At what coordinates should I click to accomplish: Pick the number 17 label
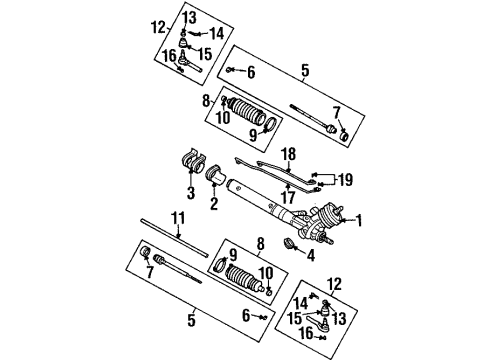(290, 199)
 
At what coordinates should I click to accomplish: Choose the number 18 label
(289, 155)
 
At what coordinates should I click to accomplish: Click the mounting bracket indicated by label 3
(188, 164)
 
